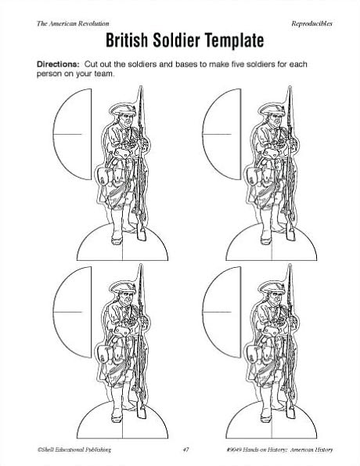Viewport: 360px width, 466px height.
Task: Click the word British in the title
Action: tap(127, 41)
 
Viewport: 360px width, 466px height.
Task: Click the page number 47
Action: tap(185, 450)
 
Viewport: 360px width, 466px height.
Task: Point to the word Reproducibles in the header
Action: tap(311, 23)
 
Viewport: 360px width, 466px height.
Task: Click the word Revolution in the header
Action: tap(94, 23)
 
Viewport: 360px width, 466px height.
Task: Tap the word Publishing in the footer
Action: tap(98, 450)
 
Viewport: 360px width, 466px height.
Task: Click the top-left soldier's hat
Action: tap(122, 110)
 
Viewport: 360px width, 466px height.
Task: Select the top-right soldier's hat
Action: tap(272, 110)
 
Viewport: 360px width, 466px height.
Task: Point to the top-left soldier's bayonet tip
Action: tap(141, 87)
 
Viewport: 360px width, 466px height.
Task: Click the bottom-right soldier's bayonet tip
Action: tap(290, 265)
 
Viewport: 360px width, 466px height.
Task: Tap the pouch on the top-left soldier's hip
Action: tap(103, 176)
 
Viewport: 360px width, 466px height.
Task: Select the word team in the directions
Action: tap(104, 74)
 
